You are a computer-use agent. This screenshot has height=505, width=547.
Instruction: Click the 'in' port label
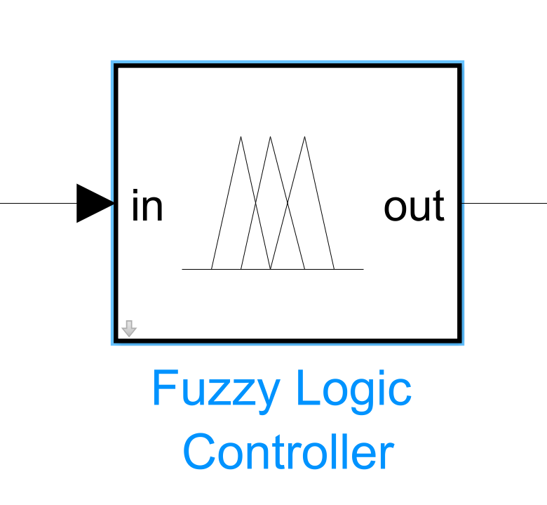click(147, 206)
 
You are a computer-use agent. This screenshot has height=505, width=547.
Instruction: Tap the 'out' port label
click(414, 206)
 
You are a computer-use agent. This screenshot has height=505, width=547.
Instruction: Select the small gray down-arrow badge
click(129, 329)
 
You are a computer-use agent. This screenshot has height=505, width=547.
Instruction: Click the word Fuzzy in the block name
click(216, 390)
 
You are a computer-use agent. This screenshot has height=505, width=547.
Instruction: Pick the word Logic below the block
click(354, 390)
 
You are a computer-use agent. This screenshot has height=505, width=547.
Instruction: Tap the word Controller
click(288, 451)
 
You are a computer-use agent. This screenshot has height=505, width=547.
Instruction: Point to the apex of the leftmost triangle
click(241, 137)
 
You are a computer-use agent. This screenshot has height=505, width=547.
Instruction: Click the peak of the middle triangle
click(270, 137)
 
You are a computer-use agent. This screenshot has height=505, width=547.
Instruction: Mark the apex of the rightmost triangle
click(304, 137)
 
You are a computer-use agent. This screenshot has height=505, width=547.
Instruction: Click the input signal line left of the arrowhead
click(39, 203)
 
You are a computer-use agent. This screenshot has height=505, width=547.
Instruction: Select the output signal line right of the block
click(505, 203)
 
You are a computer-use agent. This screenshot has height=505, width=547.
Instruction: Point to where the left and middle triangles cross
click(256, 203)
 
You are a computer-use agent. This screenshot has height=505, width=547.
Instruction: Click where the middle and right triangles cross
click(288, 203)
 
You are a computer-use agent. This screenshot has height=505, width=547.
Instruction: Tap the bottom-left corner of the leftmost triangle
click(211, 269)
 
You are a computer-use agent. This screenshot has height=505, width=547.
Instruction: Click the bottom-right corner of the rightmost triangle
click(335, 269)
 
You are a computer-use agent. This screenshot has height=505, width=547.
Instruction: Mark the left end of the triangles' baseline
click(182, 269)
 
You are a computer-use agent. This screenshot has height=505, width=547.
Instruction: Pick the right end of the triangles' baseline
click(363, 269)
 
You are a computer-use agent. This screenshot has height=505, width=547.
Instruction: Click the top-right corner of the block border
click(461, 65)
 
